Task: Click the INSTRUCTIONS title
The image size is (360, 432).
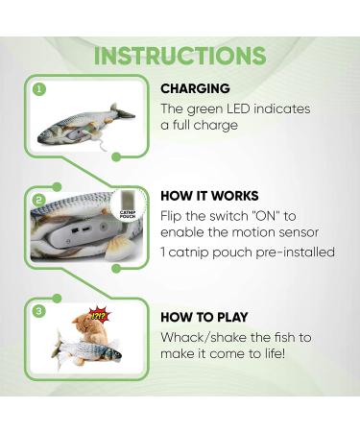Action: tap(180, 55)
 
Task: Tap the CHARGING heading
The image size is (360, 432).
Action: tap(195, 88)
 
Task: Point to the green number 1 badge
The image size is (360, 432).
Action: tap(39, 89)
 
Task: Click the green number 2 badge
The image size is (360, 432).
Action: tap(39, 200)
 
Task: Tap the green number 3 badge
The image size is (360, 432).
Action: tap(39, 310)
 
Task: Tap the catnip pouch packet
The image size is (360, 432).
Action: tap(127, 218)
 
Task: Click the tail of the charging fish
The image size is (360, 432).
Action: tap(126, 112)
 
